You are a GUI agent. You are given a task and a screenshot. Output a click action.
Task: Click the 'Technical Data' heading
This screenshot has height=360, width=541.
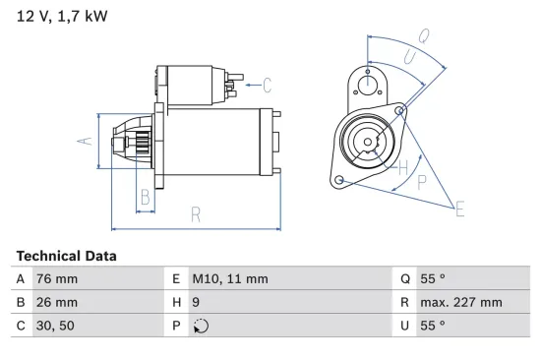point(66,256)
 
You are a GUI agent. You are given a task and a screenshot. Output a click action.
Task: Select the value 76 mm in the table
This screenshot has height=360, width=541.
point(56,278)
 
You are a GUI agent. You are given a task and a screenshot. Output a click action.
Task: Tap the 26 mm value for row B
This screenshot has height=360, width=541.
point(56,302)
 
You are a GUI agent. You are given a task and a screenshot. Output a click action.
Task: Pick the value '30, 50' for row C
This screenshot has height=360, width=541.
point(55,326)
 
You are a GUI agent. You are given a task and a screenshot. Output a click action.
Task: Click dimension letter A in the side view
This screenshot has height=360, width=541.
point(86,141)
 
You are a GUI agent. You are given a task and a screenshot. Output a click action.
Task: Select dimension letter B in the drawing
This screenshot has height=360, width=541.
point(145,196)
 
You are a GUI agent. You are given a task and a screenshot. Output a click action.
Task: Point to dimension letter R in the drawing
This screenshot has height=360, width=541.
point(196,213)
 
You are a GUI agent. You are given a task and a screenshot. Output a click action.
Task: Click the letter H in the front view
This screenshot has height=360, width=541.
point(402,168)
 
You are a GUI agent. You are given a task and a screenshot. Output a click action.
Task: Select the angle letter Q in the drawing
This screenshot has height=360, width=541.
point(424,35)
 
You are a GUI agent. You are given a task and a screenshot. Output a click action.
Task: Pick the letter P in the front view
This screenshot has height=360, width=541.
point(422,182)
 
